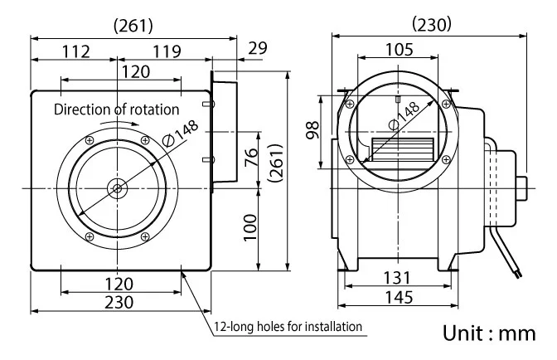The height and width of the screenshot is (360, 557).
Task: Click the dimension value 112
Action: pos(76,52)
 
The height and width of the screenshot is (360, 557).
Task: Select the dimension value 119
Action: pos(167,52)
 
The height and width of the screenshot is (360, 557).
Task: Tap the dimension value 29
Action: pos(258,48)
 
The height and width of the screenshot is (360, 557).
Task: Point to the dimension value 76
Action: pos(251,158)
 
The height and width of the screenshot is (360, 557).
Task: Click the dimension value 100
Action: pos(250,228)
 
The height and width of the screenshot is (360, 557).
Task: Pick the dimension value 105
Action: pos(400,50)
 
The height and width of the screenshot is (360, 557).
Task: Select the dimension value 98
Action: pos(313,129)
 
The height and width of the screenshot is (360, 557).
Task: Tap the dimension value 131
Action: pos(397,278)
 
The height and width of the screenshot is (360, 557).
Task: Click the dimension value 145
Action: pos(400,297)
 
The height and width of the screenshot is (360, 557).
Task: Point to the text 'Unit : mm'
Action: pos(489,333)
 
